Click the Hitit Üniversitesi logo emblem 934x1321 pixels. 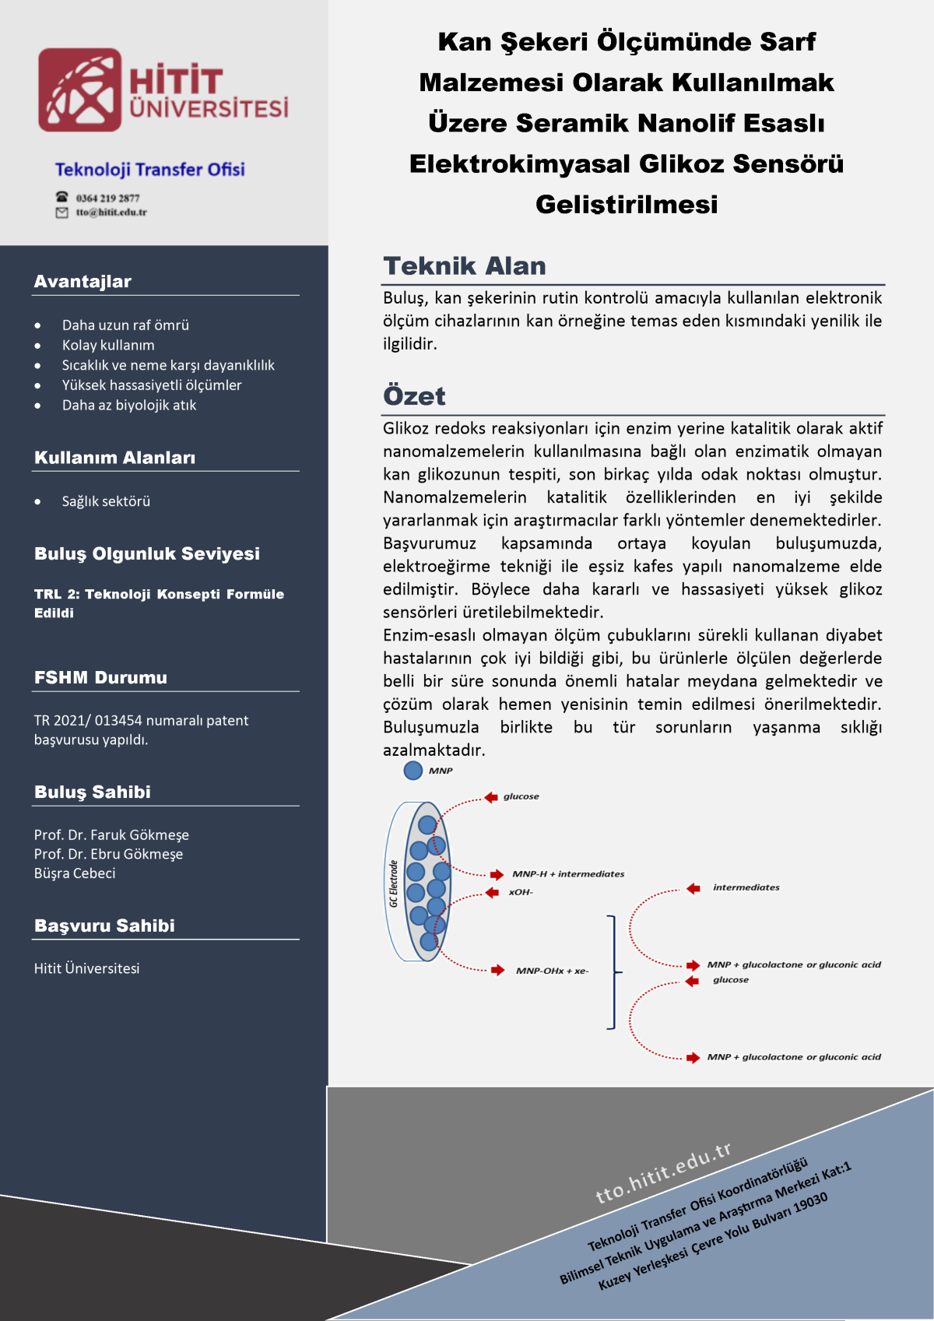(80, 90)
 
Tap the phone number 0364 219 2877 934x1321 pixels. (107, 198)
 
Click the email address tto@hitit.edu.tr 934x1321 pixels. (111, 213)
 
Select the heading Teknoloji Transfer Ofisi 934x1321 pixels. (149, 170)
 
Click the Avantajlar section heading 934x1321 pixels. (83, 282)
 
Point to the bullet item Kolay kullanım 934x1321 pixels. (108, 346)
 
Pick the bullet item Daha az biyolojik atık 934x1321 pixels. (129, 406)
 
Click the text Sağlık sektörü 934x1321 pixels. (106, 502)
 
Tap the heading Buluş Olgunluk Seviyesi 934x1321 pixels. (147, 554)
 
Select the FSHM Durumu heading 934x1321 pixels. (100, 678)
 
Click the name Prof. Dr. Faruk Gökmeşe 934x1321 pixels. (111, 835)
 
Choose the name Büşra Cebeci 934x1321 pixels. (75, 873)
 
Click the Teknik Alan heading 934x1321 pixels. (465, 266)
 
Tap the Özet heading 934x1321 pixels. (414, 396)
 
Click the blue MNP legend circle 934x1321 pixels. (413, 771)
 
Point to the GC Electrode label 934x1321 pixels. (394, 884)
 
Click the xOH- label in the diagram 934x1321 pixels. (521, 892)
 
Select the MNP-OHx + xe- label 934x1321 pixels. (552, 971)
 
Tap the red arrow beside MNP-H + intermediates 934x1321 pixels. (497, 874)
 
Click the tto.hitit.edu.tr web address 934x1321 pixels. (663, 1172)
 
